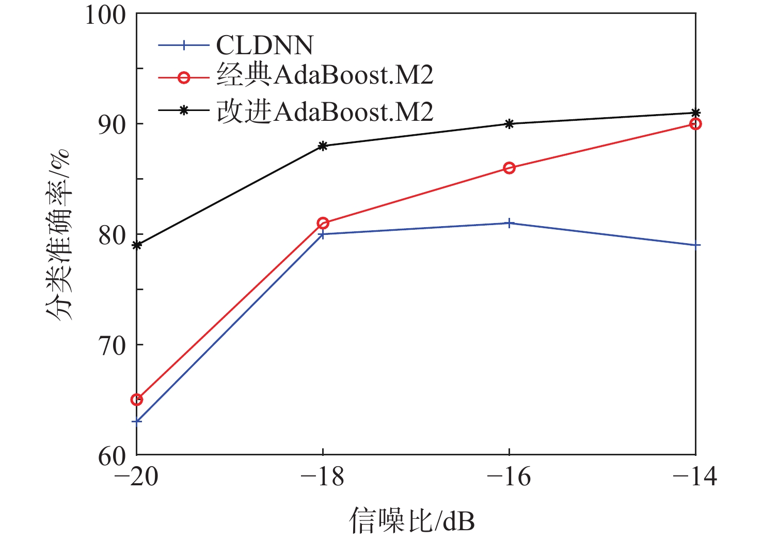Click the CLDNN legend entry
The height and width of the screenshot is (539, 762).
[x=264, y=45]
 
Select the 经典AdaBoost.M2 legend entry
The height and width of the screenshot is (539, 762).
[x=324, y=75]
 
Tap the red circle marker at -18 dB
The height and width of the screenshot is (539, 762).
[x=323, y=223]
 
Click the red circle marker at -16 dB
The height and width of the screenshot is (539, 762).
[x=509, y=168]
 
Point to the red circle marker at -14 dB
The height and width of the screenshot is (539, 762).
[x=695, y=124]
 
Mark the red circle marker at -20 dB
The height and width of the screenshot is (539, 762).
[x=137, y=399]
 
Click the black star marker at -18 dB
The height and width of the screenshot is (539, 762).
[x=323, y=146]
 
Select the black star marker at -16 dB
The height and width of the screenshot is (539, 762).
[x=509, y=124]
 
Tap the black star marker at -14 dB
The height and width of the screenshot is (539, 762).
[x=695, y=113]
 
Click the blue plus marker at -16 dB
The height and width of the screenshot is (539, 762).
[x=509, y=223]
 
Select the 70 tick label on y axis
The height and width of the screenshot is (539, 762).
[x=112, y=345]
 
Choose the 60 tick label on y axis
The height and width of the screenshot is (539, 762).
[x=112, y=455]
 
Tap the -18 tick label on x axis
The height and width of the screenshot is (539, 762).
[x=322, y=476]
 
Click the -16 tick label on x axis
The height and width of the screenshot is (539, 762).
[x=509, y=476]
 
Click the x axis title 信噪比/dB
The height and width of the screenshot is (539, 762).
[x=411, y=520]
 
